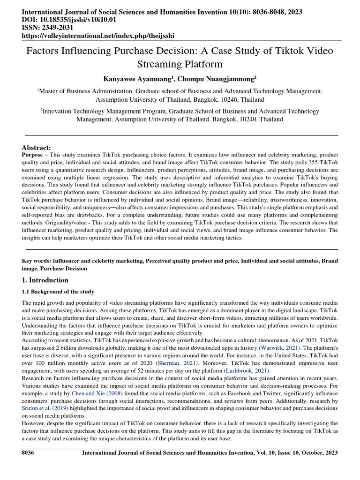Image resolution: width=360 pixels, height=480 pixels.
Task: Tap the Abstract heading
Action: coord(37,147)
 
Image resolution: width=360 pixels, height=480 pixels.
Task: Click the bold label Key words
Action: coord(37,260)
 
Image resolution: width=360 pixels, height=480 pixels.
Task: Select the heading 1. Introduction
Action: coord(45,280)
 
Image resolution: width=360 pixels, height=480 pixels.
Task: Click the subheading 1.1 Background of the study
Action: coord(58,292)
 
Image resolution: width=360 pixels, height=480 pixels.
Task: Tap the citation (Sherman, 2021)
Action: coord(177,363)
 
